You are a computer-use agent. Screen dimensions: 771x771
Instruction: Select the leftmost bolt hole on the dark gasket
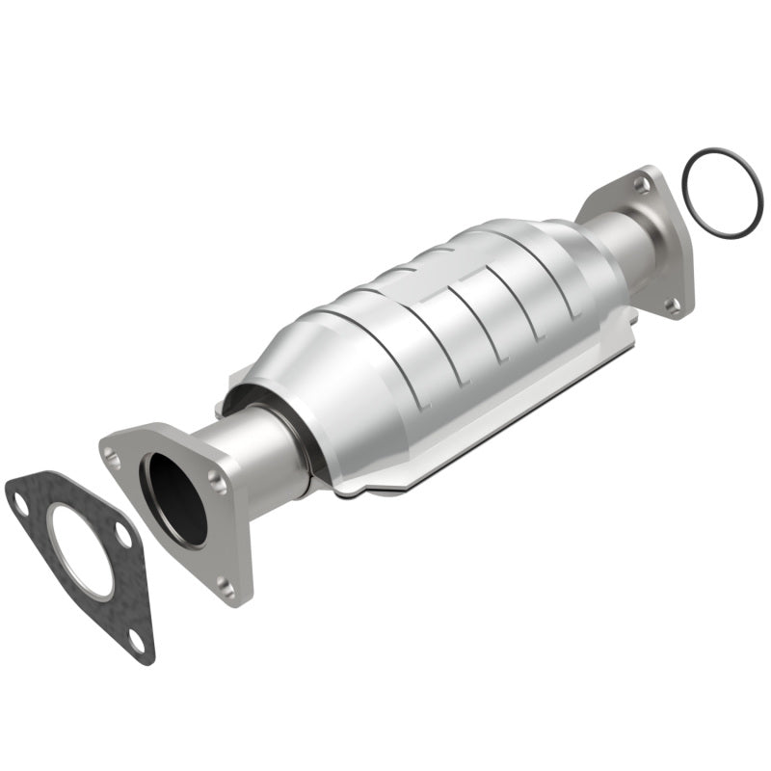(x=19, y=500)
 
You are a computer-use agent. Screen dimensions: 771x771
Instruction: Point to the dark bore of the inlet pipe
(x=176, y=495)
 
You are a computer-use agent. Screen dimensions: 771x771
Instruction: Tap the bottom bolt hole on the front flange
(x=225, y=581)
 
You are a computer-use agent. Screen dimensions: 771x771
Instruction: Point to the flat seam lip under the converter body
(x=463, y=453)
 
